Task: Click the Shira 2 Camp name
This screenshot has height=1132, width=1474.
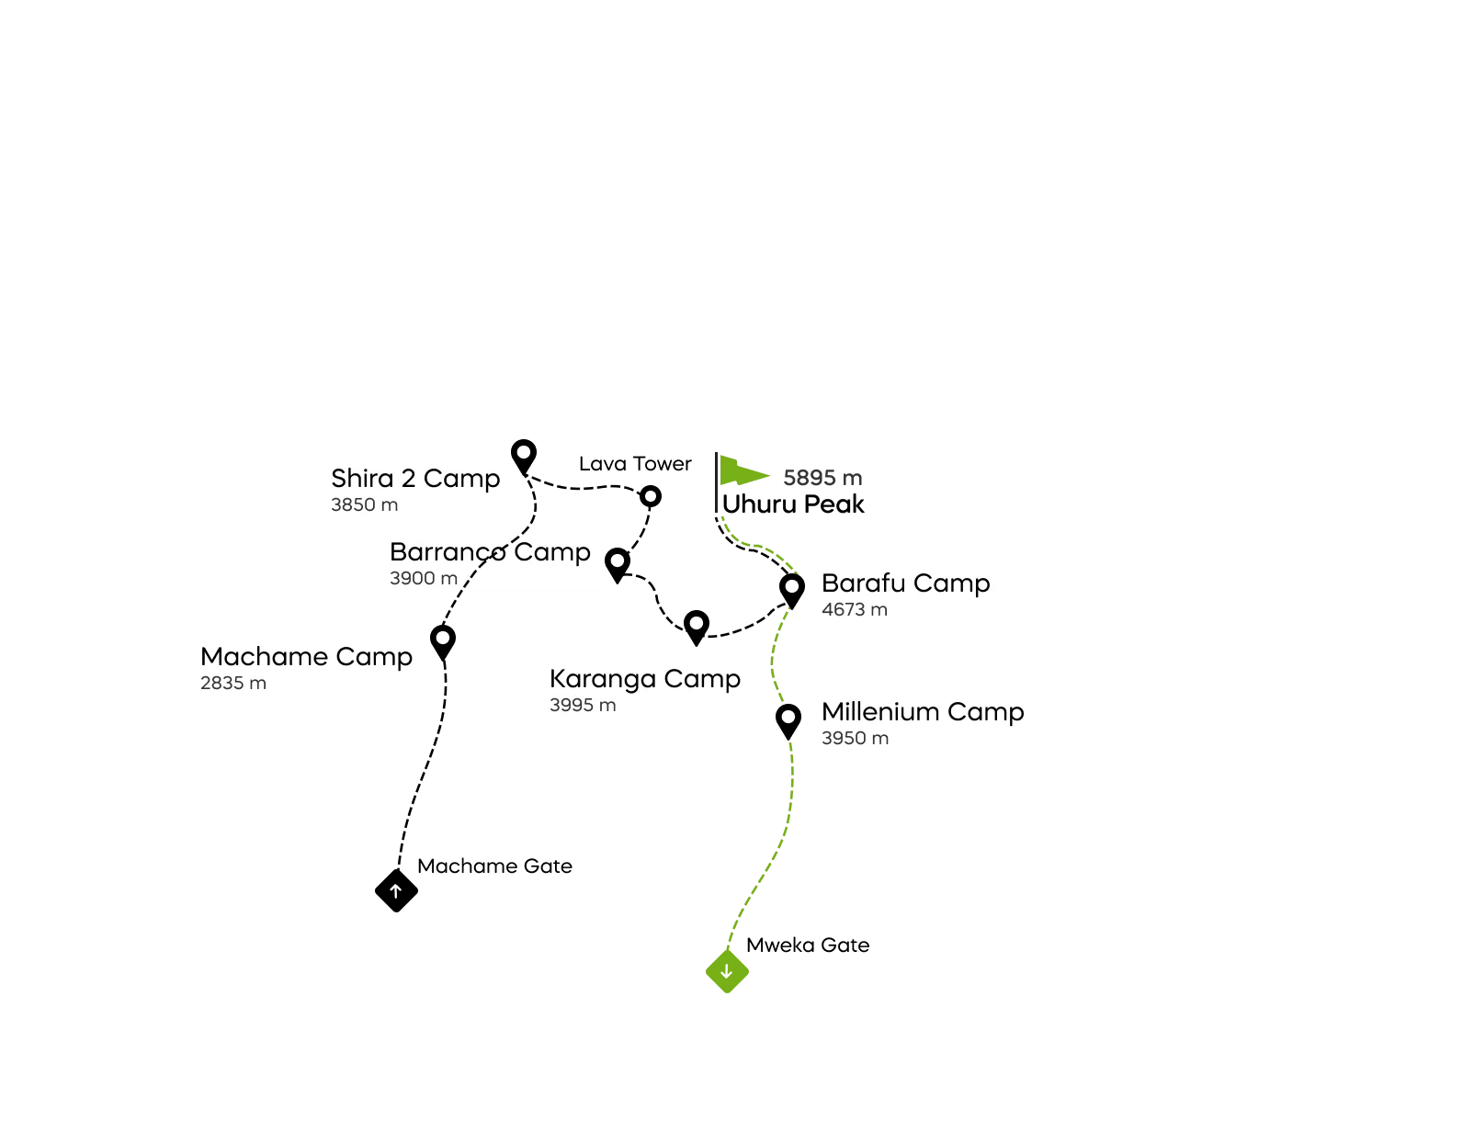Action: click(415, 479)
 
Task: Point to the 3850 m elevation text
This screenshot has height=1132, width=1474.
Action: click(365, 505)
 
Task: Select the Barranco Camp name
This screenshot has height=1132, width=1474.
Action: click(490, 552)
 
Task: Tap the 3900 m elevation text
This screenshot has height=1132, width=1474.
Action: click(424, 579)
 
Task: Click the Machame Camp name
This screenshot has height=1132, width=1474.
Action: click(306, 657)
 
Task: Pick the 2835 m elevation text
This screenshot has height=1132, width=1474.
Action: click(233, 684)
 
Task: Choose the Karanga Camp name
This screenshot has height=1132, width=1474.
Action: click(645, 679)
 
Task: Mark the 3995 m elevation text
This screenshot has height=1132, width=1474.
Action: click(583, 706)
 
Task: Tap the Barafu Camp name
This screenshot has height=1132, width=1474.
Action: click(906, 583)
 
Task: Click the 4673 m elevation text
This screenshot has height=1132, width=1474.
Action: click(855, 610)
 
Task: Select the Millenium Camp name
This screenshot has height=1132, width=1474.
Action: click(923, 712)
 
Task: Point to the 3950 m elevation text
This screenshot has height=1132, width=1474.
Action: click(855, 739)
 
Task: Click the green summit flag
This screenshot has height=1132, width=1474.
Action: click(743, 470)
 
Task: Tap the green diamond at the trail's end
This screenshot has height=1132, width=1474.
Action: click(727, 973)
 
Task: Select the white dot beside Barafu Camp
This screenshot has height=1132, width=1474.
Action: click(792, 586)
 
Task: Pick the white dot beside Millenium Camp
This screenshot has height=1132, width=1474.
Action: click(788, 717)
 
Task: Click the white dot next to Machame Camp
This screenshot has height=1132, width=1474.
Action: click(443, 638)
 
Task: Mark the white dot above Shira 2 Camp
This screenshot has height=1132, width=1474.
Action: click(524, 452)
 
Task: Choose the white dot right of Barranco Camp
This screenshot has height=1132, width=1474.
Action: click(618, 560)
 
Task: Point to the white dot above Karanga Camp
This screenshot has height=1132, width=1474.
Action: click(697, 623)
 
